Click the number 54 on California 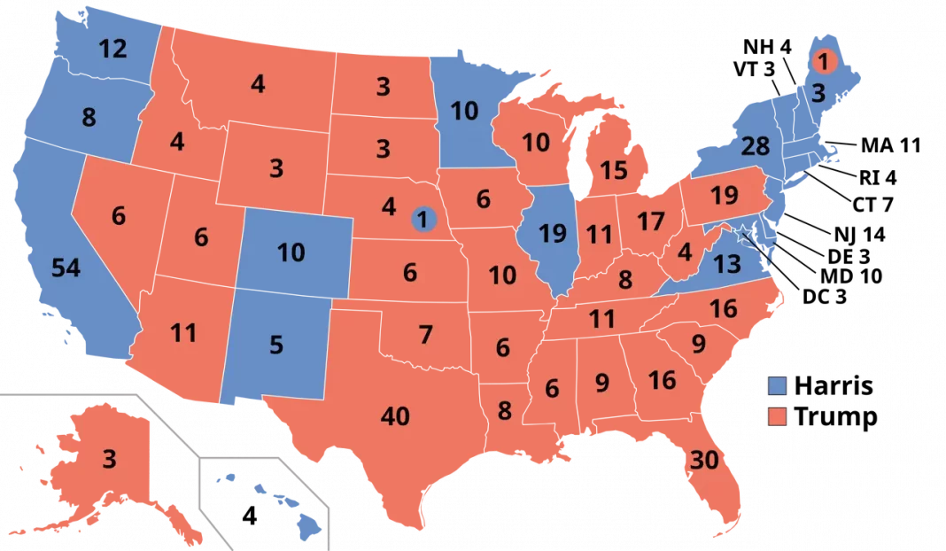[x=66, y=268]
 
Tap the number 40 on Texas [x=394, y=415]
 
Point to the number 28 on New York [x=755, y=146]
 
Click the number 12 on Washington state [x=112, y=50]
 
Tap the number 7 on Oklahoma [x=425, y=335]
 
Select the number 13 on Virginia [x=726, y=263]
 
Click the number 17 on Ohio [x=650, y=221]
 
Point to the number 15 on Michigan [x=613, y=170]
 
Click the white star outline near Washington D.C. [x=743, y=233]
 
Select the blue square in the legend [x=777, y=385]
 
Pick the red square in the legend [x=777, y=415]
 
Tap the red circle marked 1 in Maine [x=822, y=62]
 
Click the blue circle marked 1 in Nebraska [x=423, y=219]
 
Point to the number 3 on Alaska [x=109, y=459]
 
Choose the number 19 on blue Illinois [x=552, y=235]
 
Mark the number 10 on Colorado [x=291, y=252]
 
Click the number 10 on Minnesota [x=463, y=111]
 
